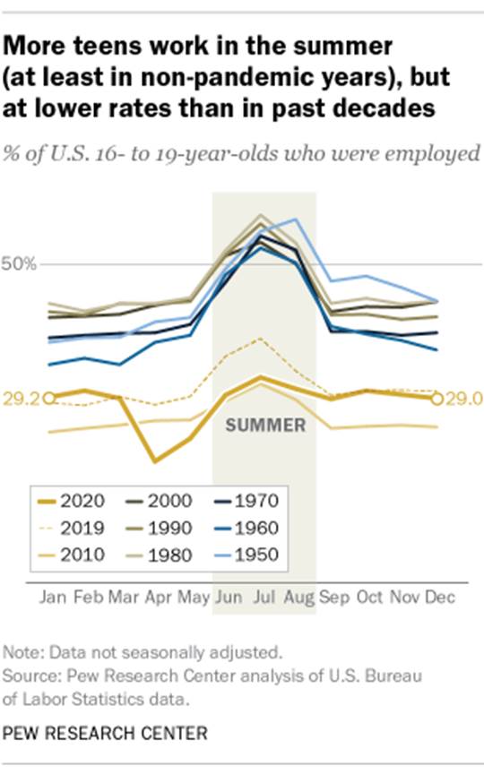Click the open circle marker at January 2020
pyautogui.click(x=49, y=398)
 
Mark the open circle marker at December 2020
pyautogui.click(x=437, y=399)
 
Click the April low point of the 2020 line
pyautogui.click(x=155, y=461)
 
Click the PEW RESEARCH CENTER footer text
pyautogui.click(x=105, y=734)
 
